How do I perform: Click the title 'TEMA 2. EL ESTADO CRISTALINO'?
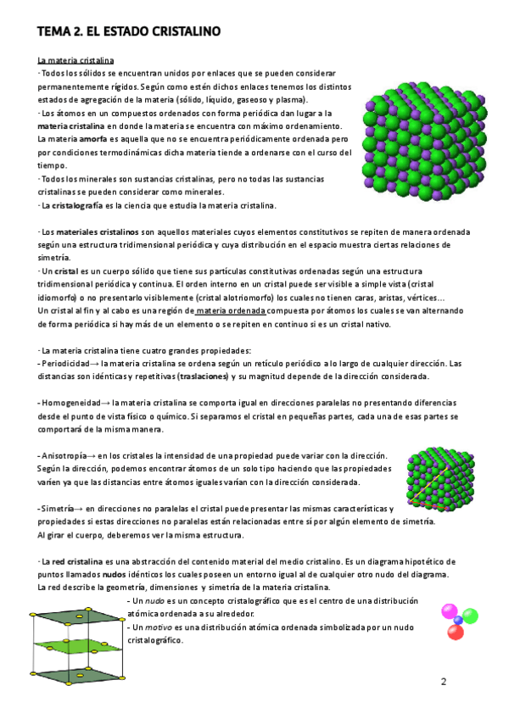pyautogui.click(x=128, y=32)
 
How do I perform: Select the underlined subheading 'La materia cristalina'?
pyautogui.click(x=76, y=61)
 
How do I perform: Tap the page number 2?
pyautogui.click(x=443, y=682)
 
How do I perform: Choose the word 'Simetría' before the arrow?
pyautogui.click(x=59, y=507)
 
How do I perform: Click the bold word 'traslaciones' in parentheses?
pyautogui.click(x=204, y=376)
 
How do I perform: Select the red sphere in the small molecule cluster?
pyautogui.click(x=473, y=619)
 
